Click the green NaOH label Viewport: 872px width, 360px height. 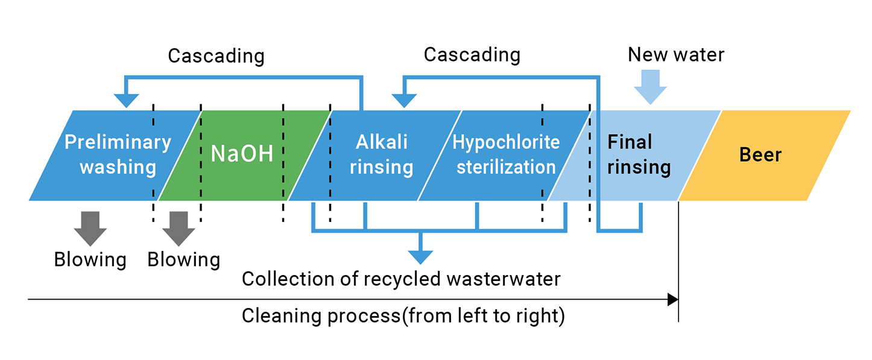pos(242,154)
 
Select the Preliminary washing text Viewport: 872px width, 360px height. pos(118,154)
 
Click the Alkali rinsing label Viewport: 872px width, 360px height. pos(381,154)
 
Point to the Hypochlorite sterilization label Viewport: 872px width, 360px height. pos(506,154)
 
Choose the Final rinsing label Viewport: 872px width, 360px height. pos(638,154)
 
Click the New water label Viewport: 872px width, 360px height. pos(675,55)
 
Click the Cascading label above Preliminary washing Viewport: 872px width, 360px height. pos(216,56)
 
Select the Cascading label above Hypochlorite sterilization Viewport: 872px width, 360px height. pos(472,55)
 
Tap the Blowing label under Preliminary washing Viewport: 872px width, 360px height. pos(90,260)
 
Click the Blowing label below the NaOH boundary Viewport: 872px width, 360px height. pos(183,260)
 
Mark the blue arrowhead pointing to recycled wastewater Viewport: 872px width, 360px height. pos(421,257)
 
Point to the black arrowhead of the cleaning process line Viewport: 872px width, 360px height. pos(673,299)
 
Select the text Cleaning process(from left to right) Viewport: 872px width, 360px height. pos(403,316)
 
